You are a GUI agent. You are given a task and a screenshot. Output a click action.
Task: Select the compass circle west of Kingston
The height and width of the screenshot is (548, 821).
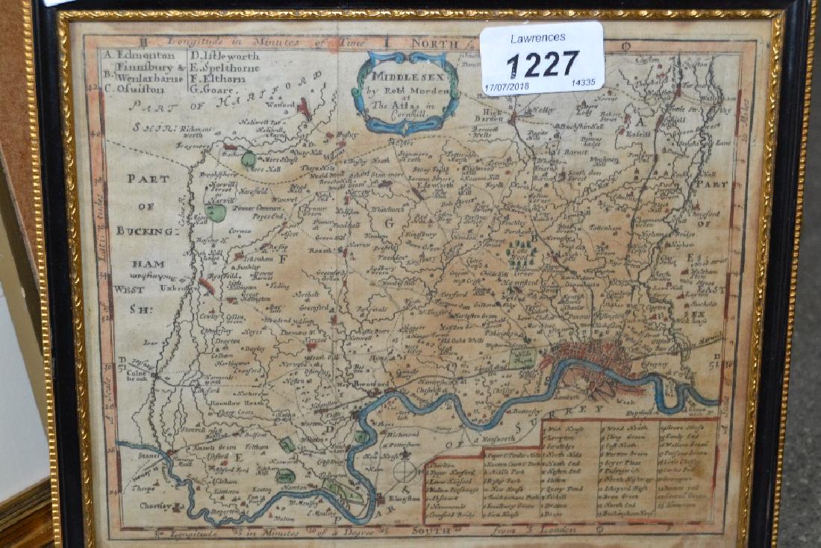click(405, 471)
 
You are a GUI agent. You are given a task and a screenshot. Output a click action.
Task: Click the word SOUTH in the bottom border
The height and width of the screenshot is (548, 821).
click(431, 530)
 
